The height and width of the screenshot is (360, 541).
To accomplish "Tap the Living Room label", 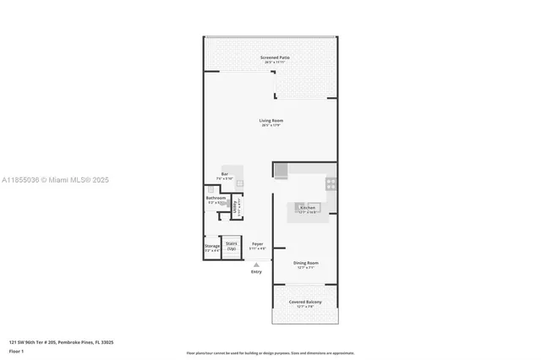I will pos(270,123).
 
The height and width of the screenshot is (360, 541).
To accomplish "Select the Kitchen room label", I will pos(307,209).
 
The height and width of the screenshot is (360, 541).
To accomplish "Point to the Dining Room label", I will pos(305,265).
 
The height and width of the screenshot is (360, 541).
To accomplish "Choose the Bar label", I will pos(225,176).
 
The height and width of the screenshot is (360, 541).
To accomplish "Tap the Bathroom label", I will pos(216,200).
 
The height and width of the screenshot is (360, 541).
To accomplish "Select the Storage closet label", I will pos(212,248).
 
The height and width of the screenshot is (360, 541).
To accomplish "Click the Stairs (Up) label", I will pos(231,246).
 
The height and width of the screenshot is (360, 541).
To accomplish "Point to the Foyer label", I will pos(257,246).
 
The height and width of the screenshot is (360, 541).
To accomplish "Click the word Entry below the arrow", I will pos(256,271).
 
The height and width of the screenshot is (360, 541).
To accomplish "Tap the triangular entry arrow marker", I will pos(256,264).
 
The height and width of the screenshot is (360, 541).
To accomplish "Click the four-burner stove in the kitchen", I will pos(331,183).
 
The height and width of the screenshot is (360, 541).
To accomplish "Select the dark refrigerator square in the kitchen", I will pos(281,171).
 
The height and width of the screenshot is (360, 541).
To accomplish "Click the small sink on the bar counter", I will pos(239,183).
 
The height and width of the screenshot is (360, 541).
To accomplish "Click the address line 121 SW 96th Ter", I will pos(61,342).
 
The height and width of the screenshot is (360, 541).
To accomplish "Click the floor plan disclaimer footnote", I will pos(270,352).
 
